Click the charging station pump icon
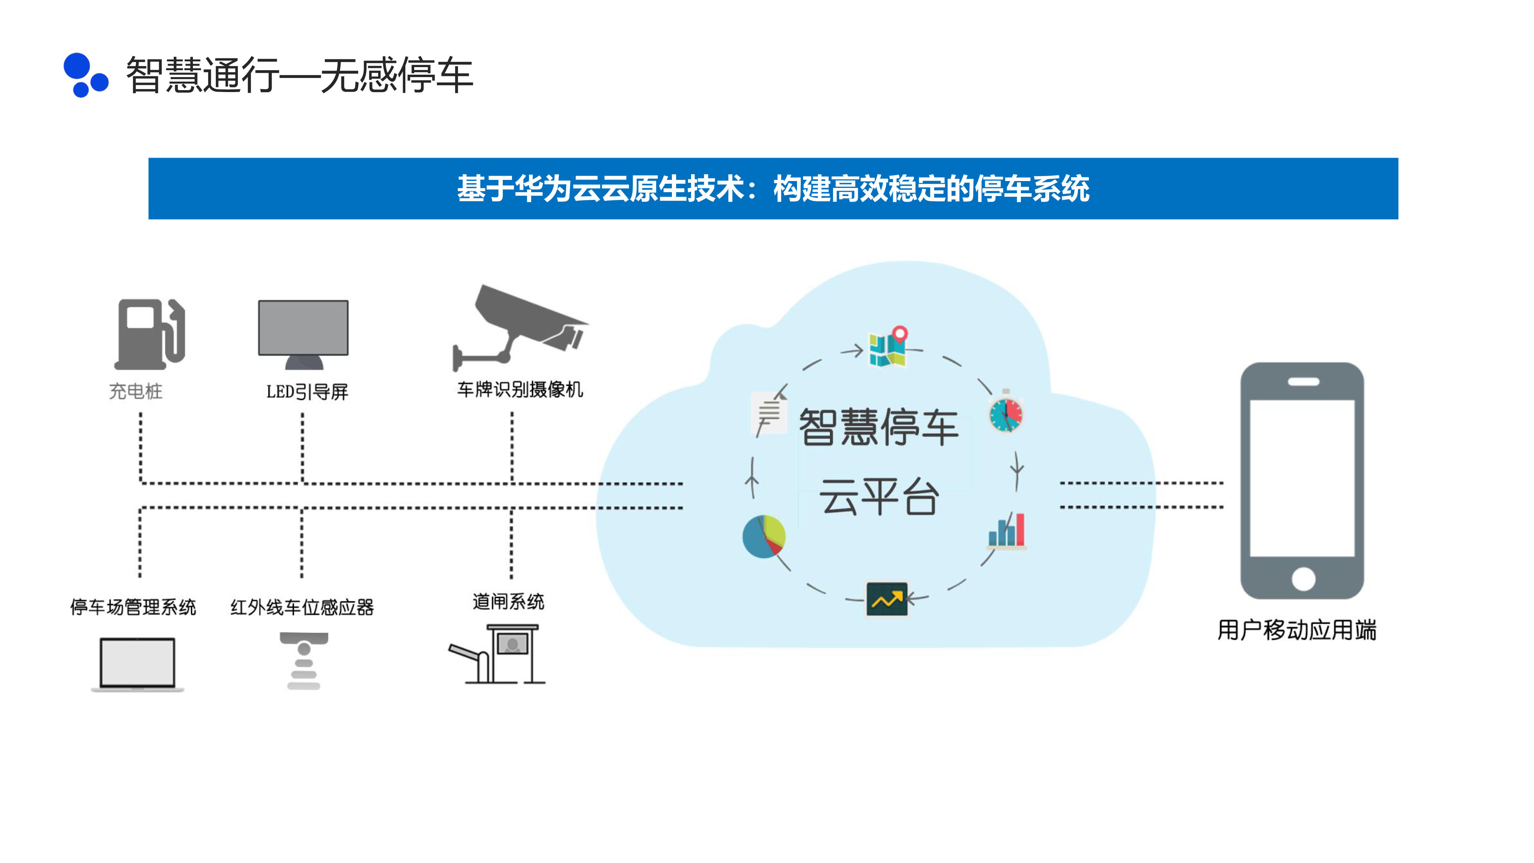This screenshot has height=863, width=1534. [150, 334]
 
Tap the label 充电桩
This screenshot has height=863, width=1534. [136, 391]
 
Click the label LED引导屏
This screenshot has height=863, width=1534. [307, 392]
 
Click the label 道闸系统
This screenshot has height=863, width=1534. [508, 601]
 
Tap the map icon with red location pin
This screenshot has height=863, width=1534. [888, 347]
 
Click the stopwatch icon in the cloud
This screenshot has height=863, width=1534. [1006, 412]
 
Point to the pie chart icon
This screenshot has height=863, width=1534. [764, 536]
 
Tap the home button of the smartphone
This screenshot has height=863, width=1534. [1303, 578]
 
